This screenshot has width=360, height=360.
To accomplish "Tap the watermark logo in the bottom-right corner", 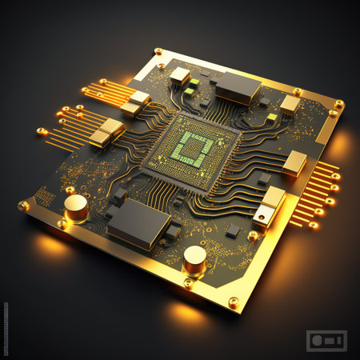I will click(326, 340).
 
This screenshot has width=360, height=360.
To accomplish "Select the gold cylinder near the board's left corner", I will click(76, 207).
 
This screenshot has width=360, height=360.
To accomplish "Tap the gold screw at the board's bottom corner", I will click(233, 302).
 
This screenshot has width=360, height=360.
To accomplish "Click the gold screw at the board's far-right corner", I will click(339, 104).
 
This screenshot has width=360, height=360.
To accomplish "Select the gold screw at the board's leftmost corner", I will click(24, 205).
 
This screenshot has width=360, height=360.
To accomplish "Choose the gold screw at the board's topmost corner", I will click(158, 51).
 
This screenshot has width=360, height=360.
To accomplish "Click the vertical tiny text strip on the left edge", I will click(5, 328).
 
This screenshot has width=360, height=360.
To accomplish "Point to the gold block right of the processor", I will click(294, 162).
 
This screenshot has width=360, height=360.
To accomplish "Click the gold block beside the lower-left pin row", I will click(106, 132).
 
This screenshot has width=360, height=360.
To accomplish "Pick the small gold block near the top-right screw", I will click(290, 104).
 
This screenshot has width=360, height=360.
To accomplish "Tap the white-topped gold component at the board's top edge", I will click(180, 76).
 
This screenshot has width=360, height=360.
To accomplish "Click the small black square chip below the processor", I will click(233, 230).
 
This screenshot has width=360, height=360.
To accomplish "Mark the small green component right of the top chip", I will click(272, 118).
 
